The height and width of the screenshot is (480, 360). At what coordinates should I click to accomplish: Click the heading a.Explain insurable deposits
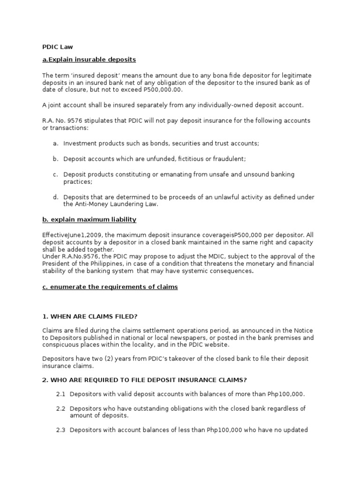89,60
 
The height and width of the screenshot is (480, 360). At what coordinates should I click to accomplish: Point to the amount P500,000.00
160,90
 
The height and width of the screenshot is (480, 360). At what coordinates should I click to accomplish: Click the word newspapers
194,338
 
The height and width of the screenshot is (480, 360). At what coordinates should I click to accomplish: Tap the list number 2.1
60,394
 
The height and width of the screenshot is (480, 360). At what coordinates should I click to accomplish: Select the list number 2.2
60,409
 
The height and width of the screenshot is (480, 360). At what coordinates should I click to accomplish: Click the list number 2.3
60,430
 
